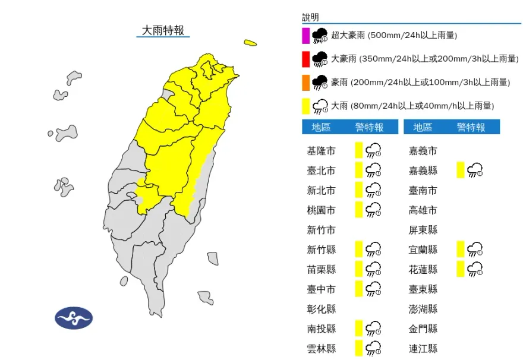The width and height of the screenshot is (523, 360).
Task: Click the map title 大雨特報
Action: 162,30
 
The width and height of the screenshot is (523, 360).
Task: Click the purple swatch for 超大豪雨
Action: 305,36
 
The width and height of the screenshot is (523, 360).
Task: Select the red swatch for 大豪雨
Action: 305,59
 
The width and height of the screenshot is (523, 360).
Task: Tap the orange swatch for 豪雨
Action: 305,82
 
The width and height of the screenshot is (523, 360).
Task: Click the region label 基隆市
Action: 321,151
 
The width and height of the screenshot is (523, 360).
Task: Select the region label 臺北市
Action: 321,171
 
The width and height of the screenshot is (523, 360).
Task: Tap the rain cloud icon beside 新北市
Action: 373,190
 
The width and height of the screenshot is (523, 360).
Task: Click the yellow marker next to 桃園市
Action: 358,210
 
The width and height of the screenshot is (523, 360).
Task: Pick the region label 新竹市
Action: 321,230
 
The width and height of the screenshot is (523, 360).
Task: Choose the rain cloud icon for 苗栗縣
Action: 373,269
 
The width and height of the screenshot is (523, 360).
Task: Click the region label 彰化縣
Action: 321,309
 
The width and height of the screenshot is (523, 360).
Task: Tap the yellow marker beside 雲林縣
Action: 358,348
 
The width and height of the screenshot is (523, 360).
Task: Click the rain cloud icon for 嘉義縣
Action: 475,171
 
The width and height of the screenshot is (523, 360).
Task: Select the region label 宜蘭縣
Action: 424,250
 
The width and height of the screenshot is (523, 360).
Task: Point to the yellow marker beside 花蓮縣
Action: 461,269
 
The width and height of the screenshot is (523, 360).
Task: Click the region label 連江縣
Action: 424,348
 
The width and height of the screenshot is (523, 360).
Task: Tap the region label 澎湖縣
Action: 424,309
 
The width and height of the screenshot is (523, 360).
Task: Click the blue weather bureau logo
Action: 74,318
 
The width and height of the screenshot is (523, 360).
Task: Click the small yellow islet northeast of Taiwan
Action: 250,43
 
